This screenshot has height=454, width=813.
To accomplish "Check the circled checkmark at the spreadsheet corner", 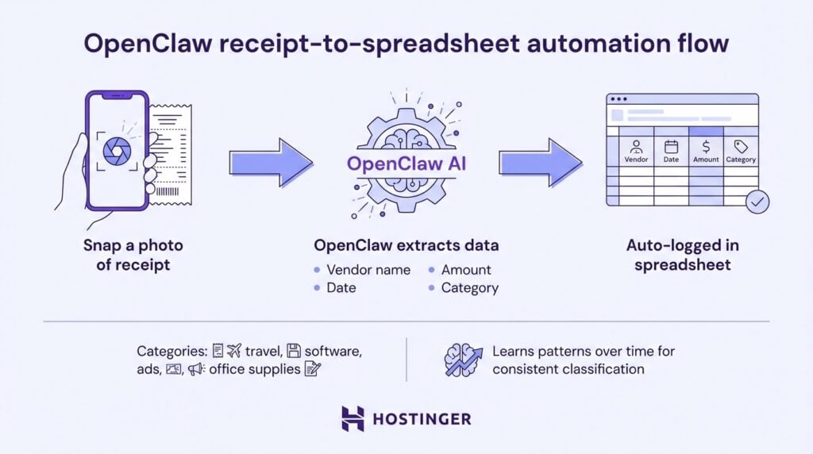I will [757, 202].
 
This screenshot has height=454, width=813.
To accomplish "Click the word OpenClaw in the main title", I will [158, 43].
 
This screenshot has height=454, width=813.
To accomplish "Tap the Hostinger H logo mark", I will [353, 418].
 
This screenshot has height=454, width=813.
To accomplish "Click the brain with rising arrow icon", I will [464, 360].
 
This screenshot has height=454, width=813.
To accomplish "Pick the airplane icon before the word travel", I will [233, 351].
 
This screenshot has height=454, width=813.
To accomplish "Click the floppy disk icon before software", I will [294, 351].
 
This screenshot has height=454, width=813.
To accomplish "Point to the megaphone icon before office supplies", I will [196, 369].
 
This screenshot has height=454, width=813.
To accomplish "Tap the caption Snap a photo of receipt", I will [128, 255].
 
